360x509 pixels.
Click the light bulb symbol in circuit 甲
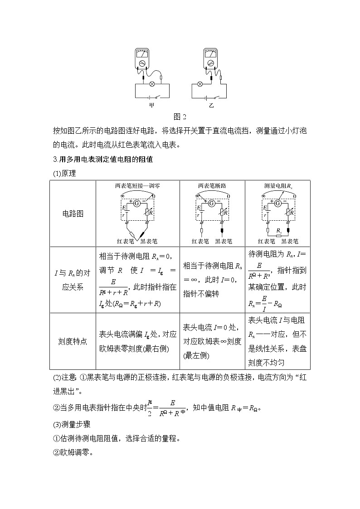[152, 84]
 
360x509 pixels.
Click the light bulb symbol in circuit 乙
[199, 84]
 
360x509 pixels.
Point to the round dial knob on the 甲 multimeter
[142, 63]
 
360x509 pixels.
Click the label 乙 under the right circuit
[211, 106]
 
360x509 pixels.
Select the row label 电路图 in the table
[73, 213]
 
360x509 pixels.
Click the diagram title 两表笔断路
[212, 185]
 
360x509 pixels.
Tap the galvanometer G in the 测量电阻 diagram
[277, 203]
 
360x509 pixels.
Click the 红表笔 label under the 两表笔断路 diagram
[200, 242]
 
